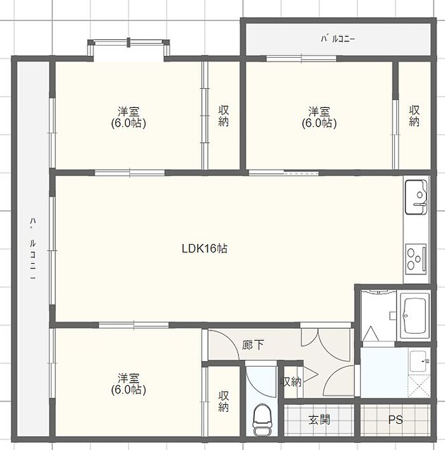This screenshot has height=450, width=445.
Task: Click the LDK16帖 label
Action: point(205,249)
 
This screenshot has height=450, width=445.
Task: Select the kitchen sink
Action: point(416,197)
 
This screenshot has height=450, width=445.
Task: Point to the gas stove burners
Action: point(416,259)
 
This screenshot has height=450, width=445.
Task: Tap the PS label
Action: point(395,420)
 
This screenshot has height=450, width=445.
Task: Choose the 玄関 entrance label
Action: point(319,420)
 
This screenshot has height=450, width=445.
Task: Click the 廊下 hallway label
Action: point(252,344)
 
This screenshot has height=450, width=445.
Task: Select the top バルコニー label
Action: point(338,39)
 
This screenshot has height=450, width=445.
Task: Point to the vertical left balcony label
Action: point(33,249)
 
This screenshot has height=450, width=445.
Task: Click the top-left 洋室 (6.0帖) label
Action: point(128,117)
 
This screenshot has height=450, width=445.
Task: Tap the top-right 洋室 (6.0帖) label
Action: point(319,117)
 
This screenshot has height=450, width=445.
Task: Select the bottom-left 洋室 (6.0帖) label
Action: point(128,383)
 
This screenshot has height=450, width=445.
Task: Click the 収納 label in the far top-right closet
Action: point(414,116)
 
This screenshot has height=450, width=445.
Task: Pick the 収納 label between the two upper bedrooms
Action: point(224,116)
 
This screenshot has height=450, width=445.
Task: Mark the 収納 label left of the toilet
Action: point(224,401)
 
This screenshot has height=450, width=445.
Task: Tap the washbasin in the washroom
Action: point(420,361)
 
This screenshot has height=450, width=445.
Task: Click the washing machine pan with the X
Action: point(419,386)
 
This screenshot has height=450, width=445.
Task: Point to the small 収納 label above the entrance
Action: point(291,382)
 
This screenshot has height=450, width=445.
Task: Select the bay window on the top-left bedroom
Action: point(128,50)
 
